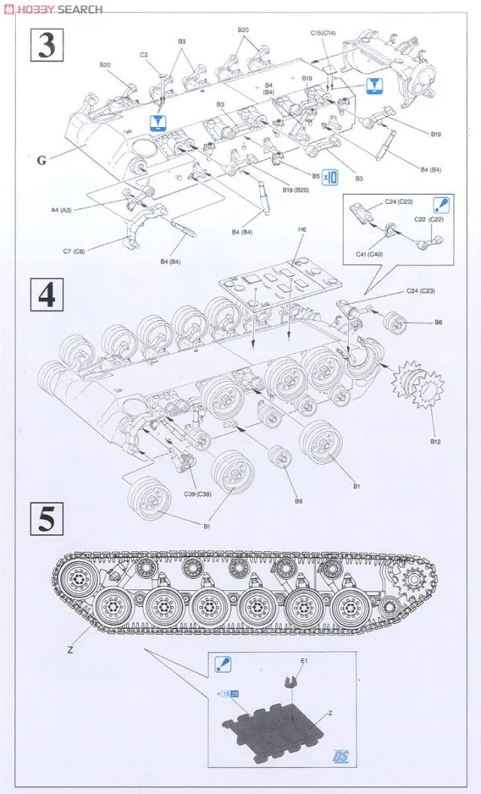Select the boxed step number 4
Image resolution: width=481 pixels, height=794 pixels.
click(47, 295)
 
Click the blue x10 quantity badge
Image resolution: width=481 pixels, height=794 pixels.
click(330, 177)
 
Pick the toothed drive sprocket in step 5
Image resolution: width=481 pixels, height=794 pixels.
click(412, 580)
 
